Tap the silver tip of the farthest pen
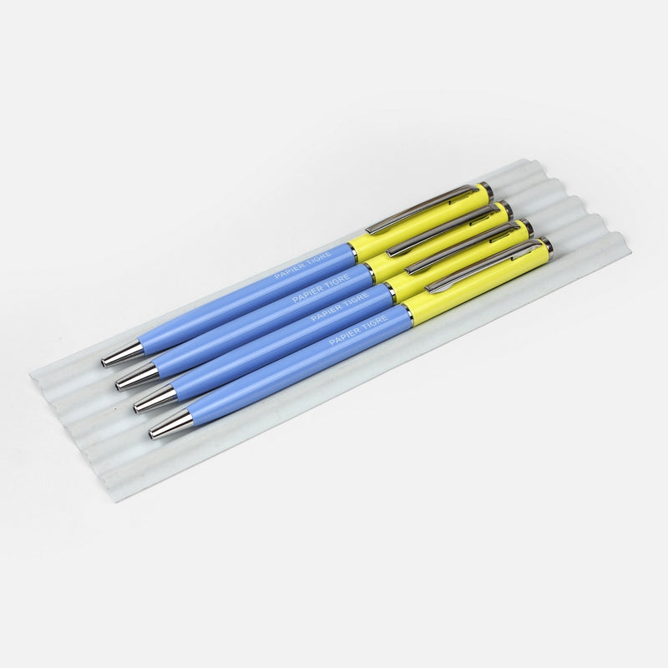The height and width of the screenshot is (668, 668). point(123,353)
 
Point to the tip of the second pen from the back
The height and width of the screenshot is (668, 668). point(138,377)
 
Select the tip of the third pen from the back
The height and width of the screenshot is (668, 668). point(155,401)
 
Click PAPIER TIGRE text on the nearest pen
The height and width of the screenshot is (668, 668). point(358,330)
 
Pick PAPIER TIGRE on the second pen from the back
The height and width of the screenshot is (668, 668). point(321,288)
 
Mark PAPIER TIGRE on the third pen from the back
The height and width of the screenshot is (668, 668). point(340,307)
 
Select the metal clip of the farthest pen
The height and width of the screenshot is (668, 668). point(422,209)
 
